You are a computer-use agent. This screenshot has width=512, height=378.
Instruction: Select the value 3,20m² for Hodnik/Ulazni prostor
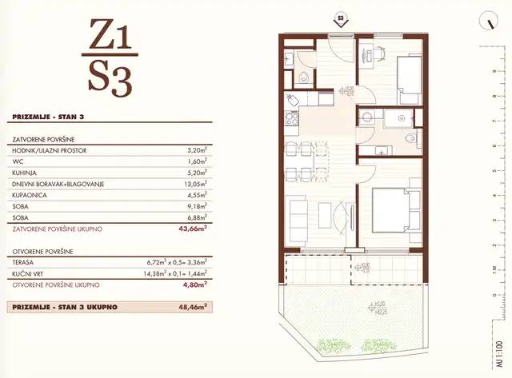click(x=195, y=149)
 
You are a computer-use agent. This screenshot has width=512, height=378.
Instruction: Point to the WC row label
click(x=18, y=160)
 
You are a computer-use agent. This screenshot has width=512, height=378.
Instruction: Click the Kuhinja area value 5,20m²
click(x=195, y=172)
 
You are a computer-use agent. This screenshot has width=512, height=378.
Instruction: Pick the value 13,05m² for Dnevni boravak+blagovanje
click(x=194, y=183)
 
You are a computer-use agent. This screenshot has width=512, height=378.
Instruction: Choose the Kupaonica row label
click(x=32, y=194)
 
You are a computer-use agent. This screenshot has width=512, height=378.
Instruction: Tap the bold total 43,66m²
click(x=192, y=229)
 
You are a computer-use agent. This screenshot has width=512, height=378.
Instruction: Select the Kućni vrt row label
click(x=30, y=273)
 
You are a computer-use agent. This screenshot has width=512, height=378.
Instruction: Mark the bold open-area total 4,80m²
click(x=194, y=284)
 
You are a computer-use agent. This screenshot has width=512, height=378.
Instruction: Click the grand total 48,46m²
click(x=192, y=306)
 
